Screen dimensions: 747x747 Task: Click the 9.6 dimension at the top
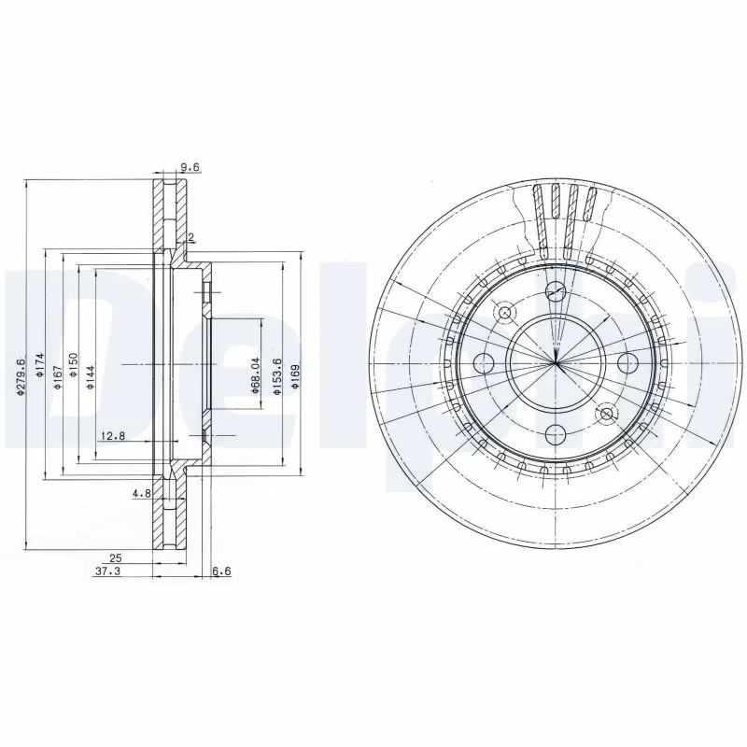190,168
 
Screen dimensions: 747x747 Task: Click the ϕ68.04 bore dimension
254,376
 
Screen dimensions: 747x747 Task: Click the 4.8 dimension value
141,493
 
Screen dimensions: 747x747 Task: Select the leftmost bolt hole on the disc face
485,361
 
